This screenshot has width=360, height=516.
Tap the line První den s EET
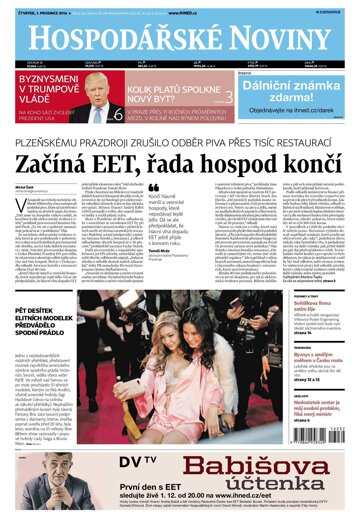point(95,488)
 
